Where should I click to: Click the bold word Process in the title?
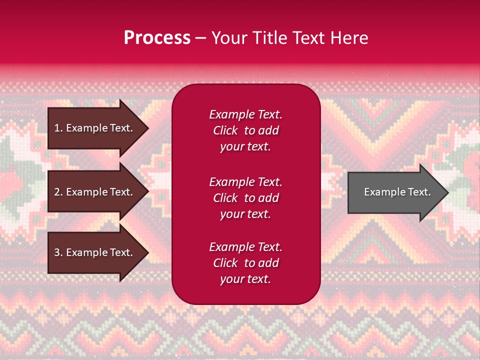(157, 38)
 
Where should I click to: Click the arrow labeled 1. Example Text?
(95, 128)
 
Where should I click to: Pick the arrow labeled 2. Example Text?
(95, 192)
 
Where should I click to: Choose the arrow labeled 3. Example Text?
(95, 252)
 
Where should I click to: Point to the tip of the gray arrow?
(447, 192)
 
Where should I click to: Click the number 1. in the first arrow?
(58, 128)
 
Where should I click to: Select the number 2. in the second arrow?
(58, 192)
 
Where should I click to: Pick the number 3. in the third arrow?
(58, 252)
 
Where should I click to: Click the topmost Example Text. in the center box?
(245, 114)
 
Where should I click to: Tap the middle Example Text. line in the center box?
(245, 182)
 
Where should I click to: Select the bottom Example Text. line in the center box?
(245, 247)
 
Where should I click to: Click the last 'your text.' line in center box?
(245, 279)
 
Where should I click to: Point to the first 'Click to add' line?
(245, 130)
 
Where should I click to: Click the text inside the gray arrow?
(397, 192)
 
